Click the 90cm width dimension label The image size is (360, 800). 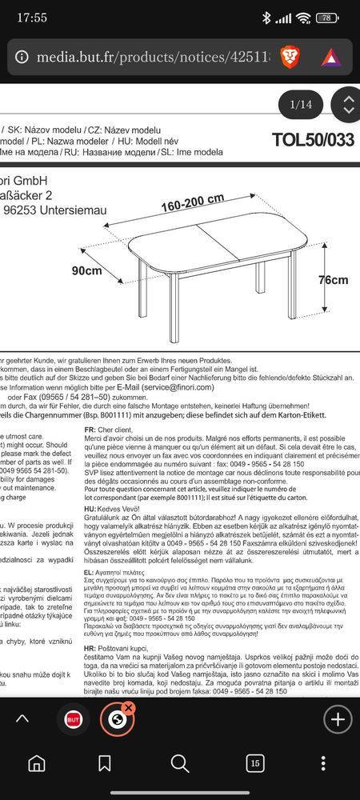pos(86,271)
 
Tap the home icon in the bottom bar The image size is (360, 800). pos(37,765)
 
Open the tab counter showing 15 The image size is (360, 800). pos(255,765)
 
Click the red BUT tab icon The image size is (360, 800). pos(74,718)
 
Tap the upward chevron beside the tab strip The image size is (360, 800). pos(23,718)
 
